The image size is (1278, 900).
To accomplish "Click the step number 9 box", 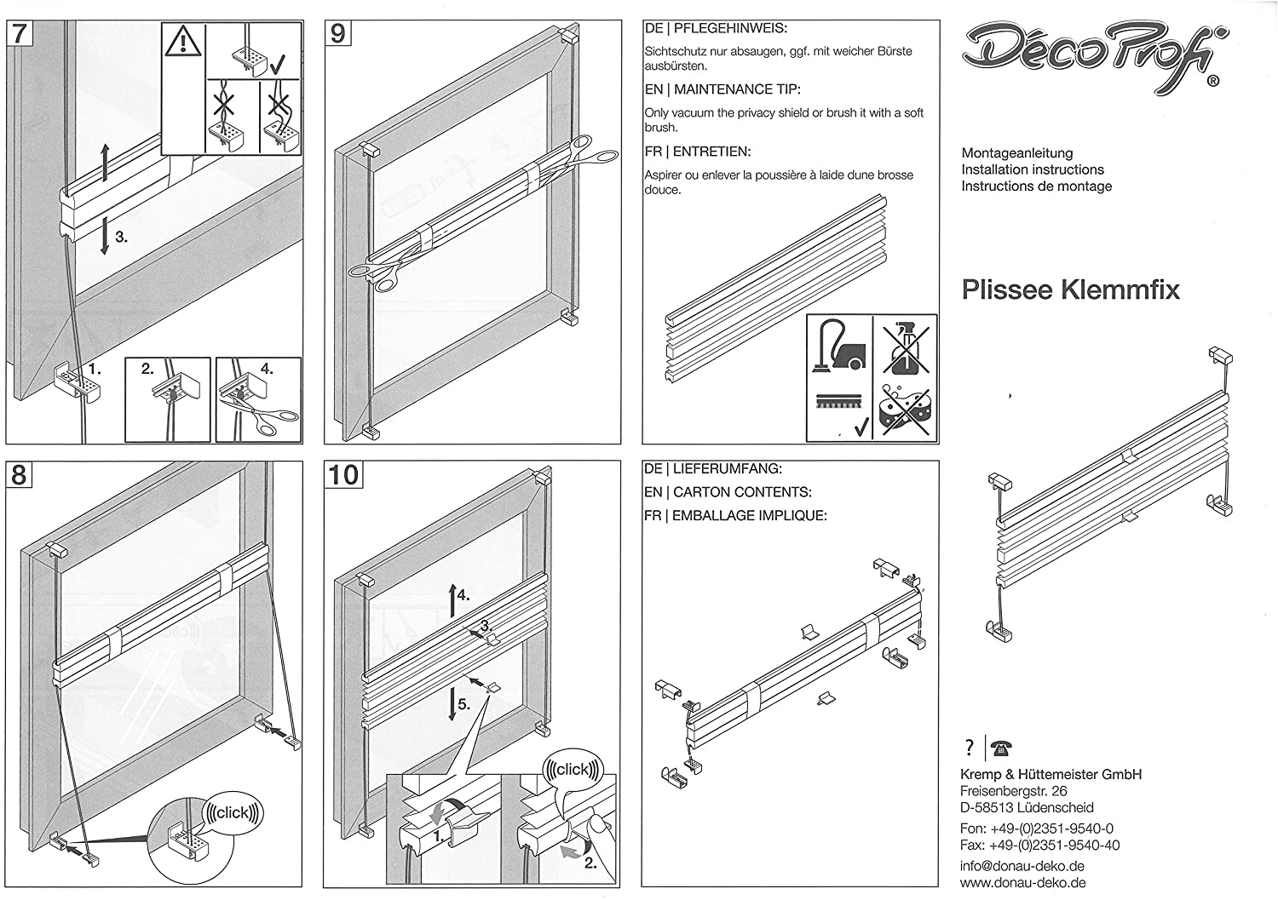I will click(338, 33).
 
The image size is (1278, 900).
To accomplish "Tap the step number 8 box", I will click(20, 474).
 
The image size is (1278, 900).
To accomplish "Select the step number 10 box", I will click(344, 474).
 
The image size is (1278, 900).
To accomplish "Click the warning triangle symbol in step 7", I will click(183, 43).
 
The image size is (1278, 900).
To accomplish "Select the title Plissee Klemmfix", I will click(1070, 290).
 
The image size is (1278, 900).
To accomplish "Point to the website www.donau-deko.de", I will click(1022, 883).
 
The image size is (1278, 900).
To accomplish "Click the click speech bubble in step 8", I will click(233, 813).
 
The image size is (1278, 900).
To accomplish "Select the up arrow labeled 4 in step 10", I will click(452, 602).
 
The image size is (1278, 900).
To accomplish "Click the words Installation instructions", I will click(1032, 169).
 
